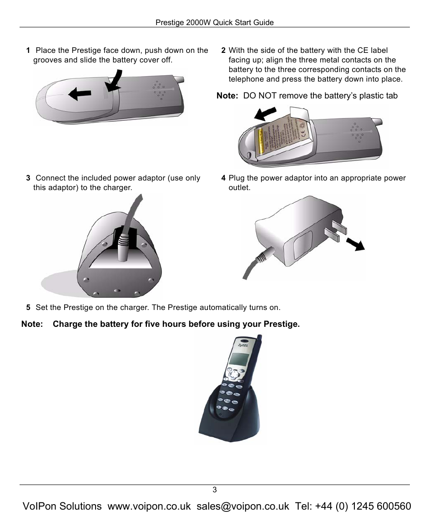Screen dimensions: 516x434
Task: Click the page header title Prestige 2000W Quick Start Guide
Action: (215, 22)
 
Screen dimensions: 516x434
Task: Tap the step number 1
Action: (28, 51)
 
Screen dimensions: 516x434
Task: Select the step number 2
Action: (223, 51)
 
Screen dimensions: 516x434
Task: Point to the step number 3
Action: (28, 178)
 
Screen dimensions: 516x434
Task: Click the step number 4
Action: (223, 178)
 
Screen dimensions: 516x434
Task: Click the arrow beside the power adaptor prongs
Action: (355, 243)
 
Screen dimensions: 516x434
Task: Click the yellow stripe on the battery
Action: (262, 140)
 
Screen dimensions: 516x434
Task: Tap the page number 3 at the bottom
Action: (215, 490)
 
